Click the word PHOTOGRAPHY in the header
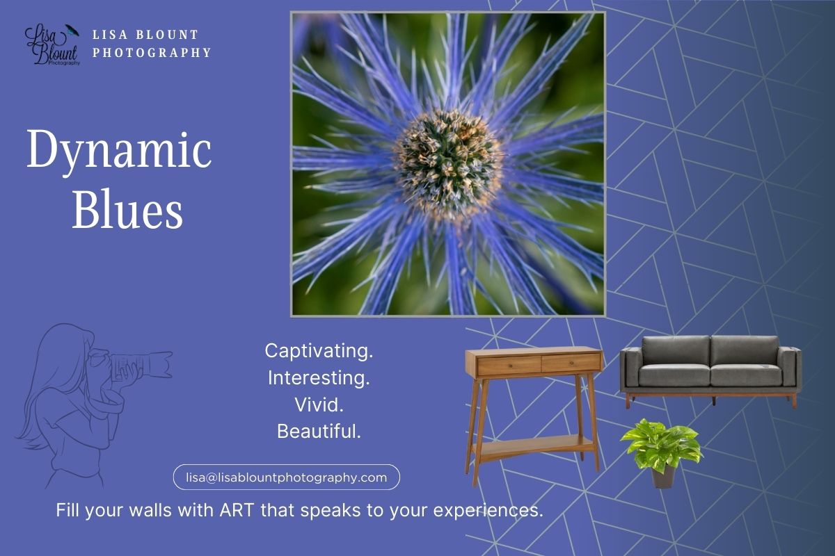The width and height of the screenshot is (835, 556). point(152,52)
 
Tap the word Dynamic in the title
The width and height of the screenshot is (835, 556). point(119,151)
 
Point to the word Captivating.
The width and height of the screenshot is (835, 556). point(319,351)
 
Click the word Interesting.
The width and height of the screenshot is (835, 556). point(319,378)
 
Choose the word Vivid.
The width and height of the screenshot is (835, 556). point(319,404)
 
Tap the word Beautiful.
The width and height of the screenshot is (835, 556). point(319,432)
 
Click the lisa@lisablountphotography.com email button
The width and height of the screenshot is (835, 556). point(286,477)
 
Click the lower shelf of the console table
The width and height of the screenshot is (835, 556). point(534,444)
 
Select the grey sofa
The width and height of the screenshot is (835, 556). point(710,368)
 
